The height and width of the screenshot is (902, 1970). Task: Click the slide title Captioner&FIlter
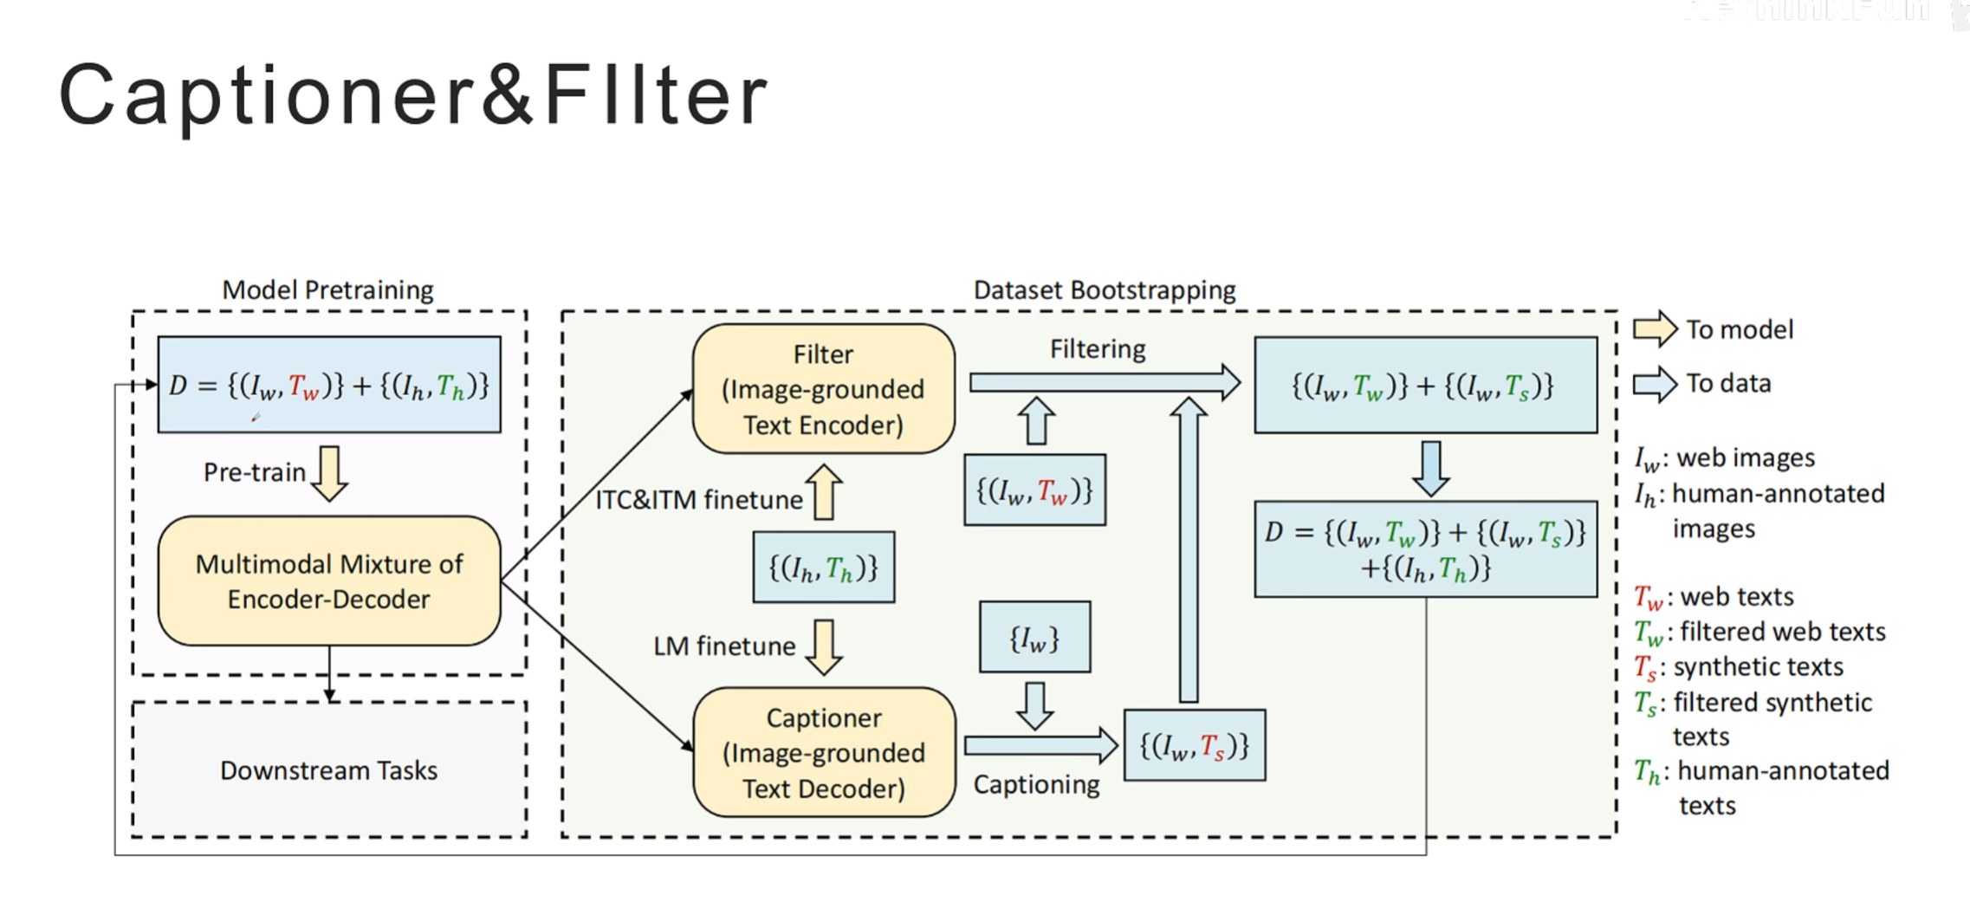tap(413, 95)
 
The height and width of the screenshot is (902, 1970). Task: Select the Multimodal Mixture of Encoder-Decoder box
tap(329, 581)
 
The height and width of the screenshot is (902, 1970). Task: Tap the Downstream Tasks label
tap(329, 770)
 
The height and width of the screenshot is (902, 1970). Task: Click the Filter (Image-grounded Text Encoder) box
tap(823, 389)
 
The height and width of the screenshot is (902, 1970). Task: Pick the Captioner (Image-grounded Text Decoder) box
tap(823, 753)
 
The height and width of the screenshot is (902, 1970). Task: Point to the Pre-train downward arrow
tap(329, 473)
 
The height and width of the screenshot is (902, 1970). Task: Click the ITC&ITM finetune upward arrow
tap(824, 492)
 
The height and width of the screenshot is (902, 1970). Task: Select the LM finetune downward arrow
tap(824, 646)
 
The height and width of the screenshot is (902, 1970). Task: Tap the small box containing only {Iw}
tap(1034, 638)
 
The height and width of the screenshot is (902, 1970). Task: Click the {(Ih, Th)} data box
tap(823, 568)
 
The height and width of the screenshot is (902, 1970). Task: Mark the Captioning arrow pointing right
tap(1040, 746)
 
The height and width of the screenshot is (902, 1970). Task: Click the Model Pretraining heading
tap(327, 289)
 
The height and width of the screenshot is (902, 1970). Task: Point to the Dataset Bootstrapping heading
tap(1105, 289)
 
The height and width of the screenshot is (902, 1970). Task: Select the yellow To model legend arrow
tap(1655, 329)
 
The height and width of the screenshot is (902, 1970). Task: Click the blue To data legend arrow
tap(1655, 384)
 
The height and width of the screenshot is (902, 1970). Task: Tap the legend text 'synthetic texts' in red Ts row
tap(1758, 666)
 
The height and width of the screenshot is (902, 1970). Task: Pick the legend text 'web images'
tap(1746, 457)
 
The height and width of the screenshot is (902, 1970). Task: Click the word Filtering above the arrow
tap(1098, 349)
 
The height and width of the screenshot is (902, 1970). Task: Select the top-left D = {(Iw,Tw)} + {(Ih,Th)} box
tap(329, 385)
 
